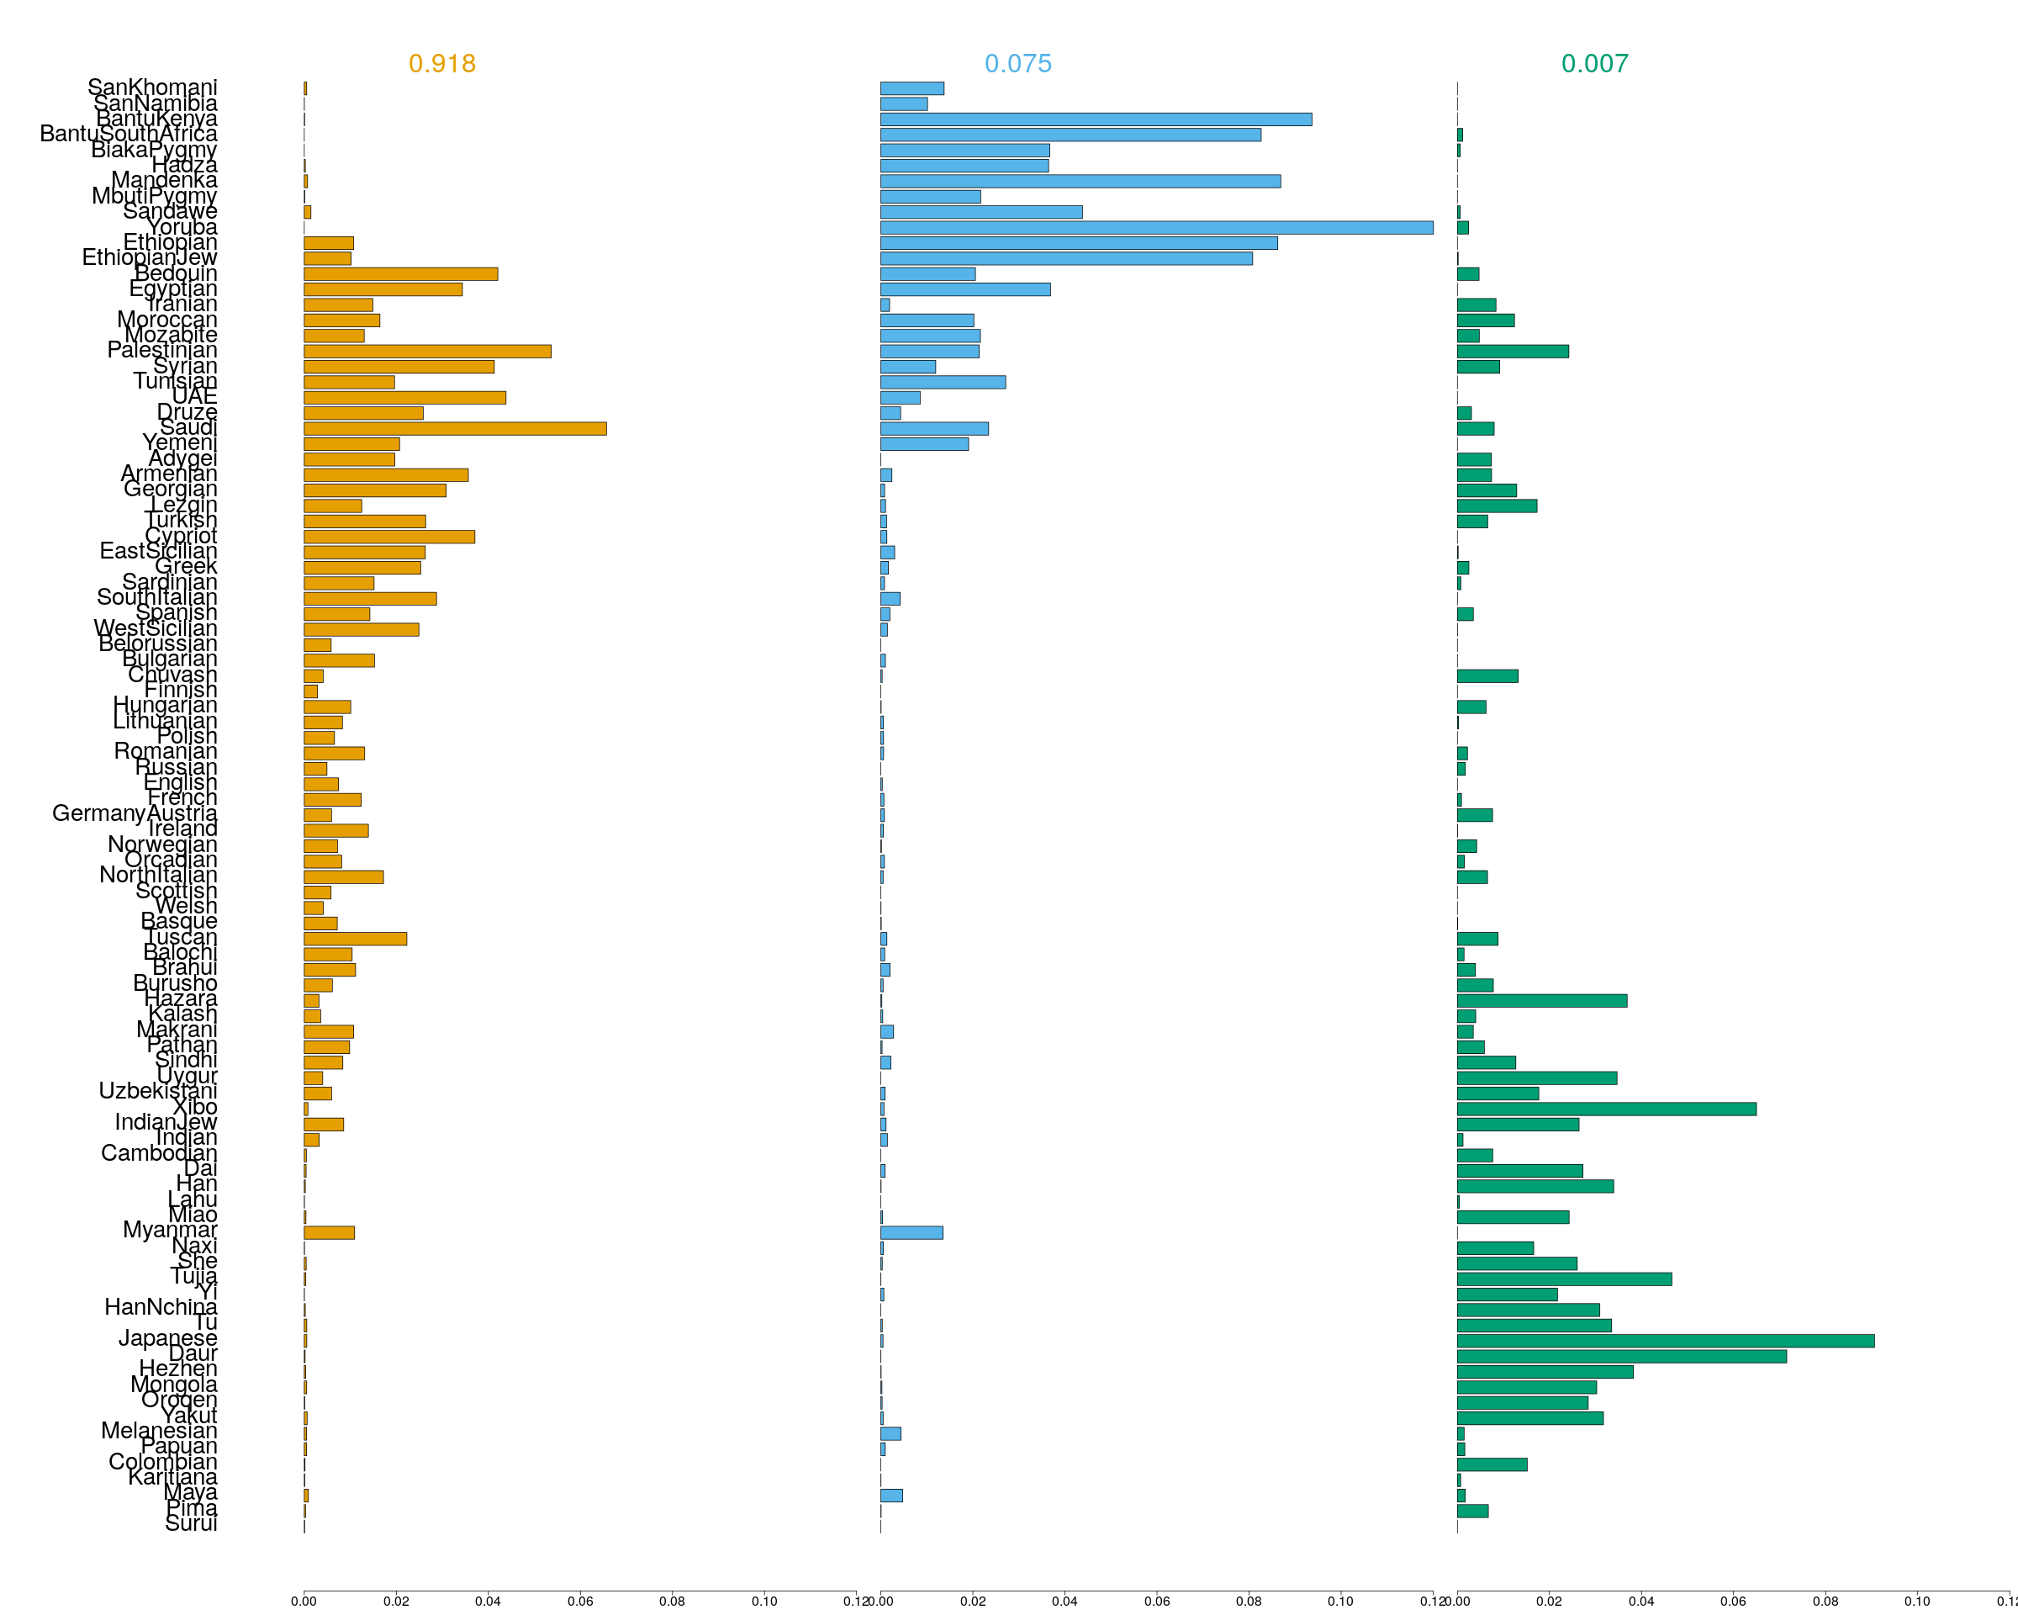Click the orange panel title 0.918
pyautogui.click(x=441, y=64)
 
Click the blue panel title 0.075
pyautogui.click(x=1017, y=64)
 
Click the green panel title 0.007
pyautogui.click(x=1594, y=64)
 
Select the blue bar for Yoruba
pyautogui.click(x=1156, y=227)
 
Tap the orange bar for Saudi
pyautogui.click(x=455, y=429)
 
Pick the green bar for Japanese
pyautogui.click(x=1665, y=1341)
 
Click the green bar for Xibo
pyautogui.click(x=1606, y=1109)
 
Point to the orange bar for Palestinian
pyautogui.click(x=427, y=351)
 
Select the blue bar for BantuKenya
pyautogui.click(x=1095, y=119)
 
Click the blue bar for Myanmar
pyautogui.click(x=911, y=1232)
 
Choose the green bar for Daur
pyautogui.click(x=1621, y=1357)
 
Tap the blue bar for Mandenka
pyautogui.click(x=1080, y=181)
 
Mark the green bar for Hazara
pyautogui.click(x=1541, y=1001)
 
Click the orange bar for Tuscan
pyautogui.click(x=355, y=939)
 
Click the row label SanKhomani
pyautogui.click(x=151, y=87)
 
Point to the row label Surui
pyautogui.click(x=191, y=1523)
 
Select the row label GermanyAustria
pyautogui.click(x=134, y=813)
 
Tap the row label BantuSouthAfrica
pyautogui.click(x=129, y=134)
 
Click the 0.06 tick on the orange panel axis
pyautogui.click(x=579, y=1601)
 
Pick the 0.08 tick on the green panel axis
pyautogui.click(x=1825, y=1601)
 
